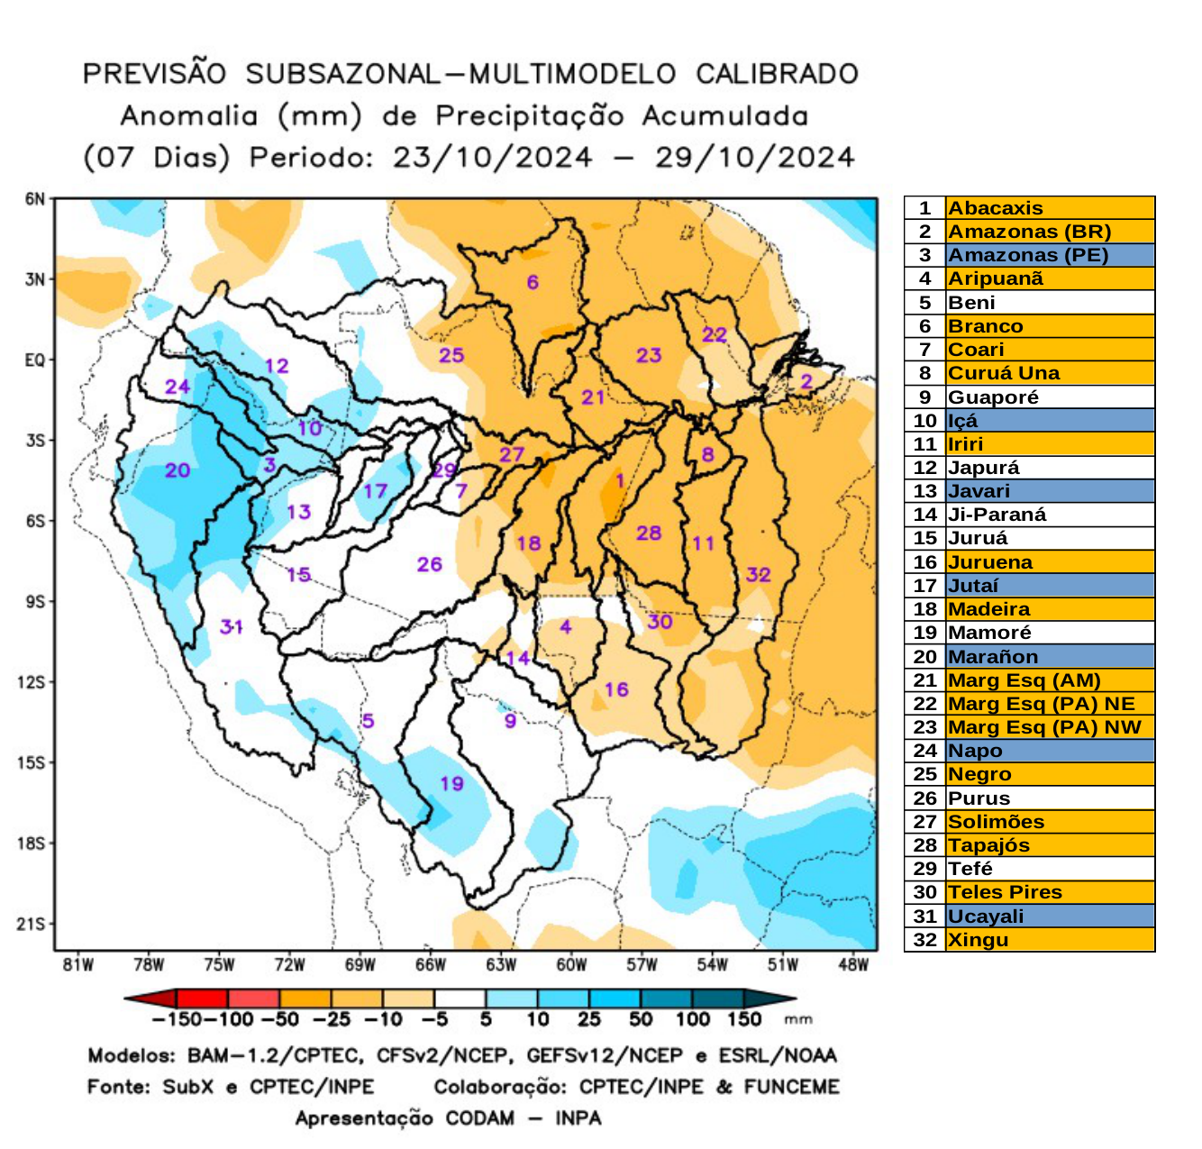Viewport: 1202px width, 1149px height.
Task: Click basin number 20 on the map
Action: [178, 470]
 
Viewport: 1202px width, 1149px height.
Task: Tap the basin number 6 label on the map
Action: [533, 282]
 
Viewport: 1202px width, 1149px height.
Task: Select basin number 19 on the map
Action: [451, 783]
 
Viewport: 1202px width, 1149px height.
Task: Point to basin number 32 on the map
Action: [758, 575]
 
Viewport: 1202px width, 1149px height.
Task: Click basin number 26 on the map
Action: [429, 564]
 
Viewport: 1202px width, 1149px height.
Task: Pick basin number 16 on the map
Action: [616, 689]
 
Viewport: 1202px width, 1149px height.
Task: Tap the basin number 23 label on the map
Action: [649, 355]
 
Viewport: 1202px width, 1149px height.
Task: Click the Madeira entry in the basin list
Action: [988, 609]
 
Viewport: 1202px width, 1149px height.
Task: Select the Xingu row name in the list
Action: [978, 940]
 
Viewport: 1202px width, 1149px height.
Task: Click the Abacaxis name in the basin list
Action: [995, 208]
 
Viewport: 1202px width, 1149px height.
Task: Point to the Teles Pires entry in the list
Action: [1005, 892]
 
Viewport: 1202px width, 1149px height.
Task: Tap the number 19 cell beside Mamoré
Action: [925, 633]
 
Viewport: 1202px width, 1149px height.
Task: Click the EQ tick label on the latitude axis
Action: [34, 360]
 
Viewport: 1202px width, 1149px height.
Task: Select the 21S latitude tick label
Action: [32, 924]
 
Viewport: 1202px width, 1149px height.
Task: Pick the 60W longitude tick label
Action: [571, 965]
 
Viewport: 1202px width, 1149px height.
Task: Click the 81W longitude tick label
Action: [78, 965]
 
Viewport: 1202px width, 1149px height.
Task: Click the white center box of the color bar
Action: [460, 999]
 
